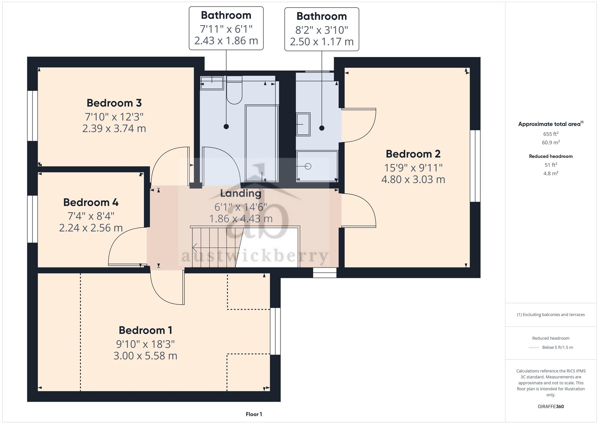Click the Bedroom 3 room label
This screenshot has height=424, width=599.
114,103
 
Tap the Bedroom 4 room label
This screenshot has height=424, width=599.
91,203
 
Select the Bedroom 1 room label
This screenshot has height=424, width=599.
145,330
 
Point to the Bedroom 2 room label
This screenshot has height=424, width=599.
413,154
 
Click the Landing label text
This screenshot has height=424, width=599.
241,194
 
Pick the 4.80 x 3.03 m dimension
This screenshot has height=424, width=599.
413,179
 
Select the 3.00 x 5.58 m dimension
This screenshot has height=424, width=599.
145,356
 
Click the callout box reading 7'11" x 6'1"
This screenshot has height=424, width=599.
226,28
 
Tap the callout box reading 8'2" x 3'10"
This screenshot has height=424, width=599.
322,29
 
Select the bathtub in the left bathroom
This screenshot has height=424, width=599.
262,143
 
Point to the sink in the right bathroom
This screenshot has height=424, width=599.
303,124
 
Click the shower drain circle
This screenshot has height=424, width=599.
308,166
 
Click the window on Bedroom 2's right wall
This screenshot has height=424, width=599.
475,166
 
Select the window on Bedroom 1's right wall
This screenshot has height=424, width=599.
275,331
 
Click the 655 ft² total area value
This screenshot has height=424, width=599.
551,134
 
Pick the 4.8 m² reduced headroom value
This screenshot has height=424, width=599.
551,173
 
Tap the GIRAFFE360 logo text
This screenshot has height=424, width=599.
551,407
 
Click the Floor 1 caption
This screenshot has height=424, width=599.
254,414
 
